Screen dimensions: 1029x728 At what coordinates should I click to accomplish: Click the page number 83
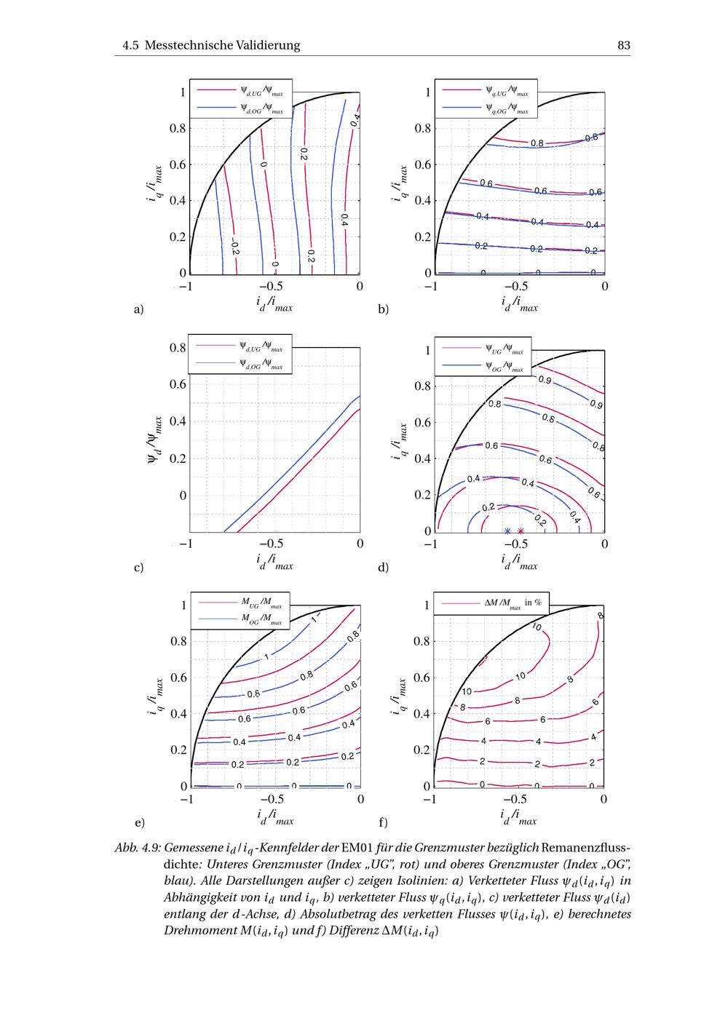click(x=623, y=45)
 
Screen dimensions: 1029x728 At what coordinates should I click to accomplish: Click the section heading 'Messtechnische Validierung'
click(x=222, y=45)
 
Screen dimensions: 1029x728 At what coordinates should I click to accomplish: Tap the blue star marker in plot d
click(x=508, y=531)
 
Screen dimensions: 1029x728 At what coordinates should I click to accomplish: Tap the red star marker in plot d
click(x=521, y=531)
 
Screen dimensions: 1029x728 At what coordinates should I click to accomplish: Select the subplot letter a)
click(x=139, y=309)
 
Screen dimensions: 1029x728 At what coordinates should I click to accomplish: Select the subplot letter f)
click(x=383, y=823)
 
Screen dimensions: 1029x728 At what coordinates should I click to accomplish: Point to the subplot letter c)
click(x=138, y=567)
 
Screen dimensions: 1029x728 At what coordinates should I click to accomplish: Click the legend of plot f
click(x=491, y=603)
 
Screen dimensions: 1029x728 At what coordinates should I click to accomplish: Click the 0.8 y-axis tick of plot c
click(x=178, y=348)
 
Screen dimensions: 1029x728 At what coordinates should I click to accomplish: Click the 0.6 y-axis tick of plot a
click(x=178, y=164)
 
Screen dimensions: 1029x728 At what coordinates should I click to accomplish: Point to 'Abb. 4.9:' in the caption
click(x=138, y=849)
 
